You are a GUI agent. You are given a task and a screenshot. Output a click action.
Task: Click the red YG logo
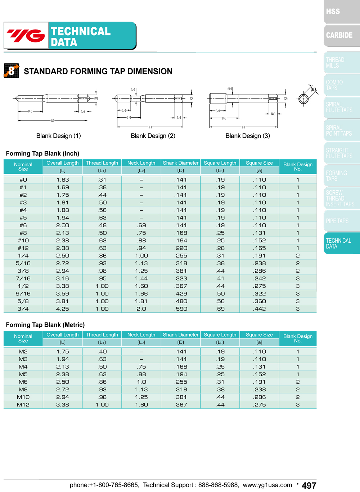point(26,36)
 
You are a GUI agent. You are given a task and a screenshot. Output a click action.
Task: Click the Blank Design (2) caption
point(153,136)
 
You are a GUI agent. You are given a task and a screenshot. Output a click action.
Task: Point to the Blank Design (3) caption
point(248,136)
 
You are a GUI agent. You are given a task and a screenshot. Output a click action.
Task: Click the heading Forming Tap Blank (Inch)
point(42,154)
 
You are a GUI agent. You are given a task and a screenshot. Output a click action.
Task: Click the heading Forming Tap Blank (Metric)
point(45,325)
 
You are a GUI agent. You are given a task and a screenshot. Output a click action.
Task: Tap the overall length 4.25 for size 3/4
point(63,309)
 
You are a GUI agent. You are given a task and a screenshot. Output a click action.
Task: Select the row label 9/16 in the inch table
point(23,294)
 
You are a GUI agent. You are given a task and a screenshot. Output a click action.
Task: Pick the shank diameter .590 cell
point(181,309)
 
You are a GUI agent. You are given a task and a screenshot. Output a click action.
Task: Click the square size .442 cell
point(259,309)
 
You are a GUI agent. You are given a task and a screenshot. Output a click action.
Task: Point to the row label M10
point(23,397)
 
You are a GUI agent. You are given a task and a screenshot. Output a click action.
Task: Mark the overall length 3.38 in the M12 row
point(63,405)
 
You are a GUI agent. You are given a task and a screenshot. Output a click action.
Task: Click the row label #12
point(23,248)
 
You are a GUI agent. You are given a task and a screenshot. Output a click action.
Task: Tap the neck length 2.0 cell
point(141,309)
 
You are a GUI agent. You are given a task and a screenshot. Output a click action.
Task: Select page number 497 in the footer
point(309,486)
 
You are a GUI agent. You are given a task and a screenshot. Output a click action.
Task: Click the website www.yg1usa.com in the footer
point(267,485)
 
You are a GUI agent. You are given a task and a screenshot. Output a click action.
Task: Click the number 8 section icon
point(11,70)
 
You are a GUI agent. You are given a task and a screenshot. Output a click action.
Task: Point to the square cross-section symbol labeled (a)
point(304,98)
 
